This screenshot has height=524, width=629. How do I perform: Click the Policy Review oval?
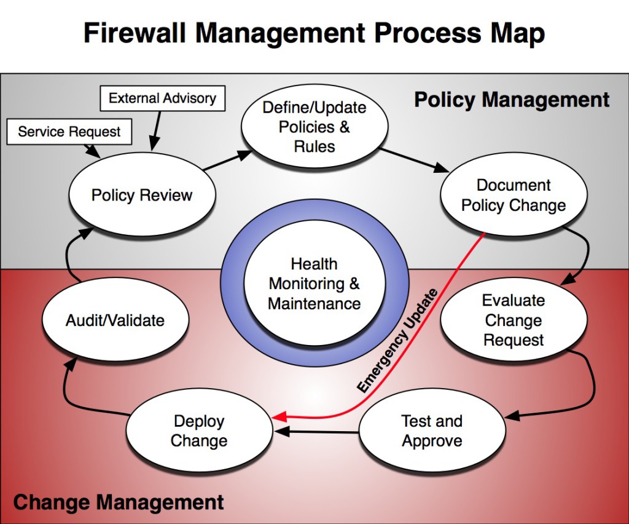(x=142, y=196)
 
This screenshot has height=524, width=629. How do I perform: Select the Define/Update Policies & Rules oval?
(x=314, y=127)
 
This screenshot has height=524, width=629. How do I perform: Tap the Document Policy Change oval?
(x=514, y=195)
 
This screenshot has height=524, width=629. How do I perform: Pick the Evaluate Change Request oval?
(x=514, y=320)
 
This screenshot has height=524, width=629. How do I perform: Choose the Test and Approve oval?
(x=432, y=431)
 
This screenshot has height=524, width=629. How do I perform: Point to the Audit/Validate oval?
(x=115, y=320)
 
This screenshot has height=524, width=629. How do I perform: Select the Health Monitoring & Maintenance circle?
(x=314, y=284)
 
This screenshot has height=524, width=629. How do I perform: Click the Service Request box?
(x=69, y=132)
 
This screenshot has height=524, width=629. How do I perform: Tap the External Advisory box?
(x=162, y=98)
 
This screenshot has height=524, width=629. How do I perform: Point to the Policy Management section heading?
(x=512, y=100)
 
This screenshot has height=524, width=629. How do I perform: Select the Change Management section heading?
(x=119, y=502)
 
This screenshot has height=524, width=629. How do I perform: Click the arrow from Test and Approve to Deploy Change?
(x=316, y=432)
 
